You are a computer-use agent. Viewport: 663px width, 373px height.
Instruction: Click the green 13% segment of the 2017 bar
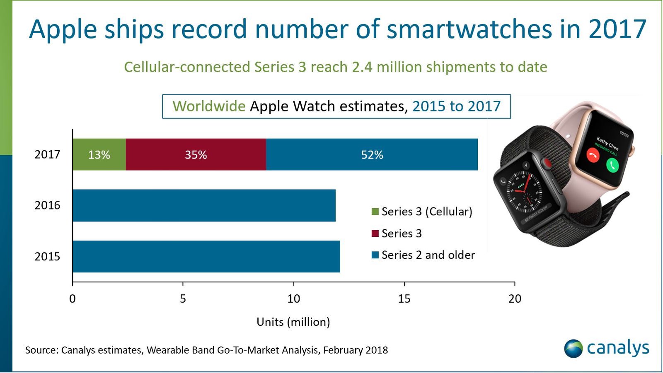coord(99,154)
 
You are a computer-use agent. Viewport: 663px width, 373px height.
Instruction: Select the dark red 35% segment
coord(196,154)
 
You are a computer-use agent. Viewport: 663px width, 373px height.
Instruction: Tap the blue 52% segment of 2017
coord(372,154)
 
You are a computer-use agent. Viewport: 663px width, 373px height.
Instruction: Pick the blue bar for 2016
coord(204,205)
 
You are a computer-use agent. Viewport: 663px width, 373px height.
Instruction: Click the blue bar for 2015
coord(206,256)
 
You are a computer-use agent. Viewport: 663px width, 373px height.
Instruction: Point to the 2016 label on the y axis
coord(47,205)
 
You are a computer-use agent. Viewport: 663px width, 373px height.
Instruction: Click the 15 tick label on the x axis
coord(404,298)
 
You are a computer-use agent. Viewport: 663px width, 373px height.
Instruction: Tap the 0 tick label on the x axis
coord(73,298)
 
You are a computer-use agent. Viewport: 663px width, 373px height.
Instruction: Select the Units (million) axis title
coord(293,322)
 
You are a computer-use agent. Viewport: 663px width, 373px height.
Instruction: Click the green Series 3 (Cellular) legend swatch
coord(375,212)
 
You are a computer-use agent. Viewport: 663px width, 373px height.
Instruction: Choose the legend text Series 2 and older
coord(428,255)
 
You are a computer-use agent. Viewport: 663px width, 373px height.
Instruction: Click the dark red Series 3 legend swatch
coord(375,233)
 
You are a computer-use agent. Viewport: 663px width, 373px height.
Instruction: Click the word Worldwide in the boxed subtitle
coord(209,106)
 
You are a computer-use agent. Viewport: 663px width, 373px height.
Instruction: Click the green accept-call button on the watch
coord(612,165)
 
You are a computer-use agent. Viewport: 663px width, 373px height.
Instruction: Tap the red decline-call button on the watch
coord(593,156)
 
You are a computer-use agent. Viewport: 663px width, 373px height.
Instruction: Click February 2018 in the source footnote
coord(355,350)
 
